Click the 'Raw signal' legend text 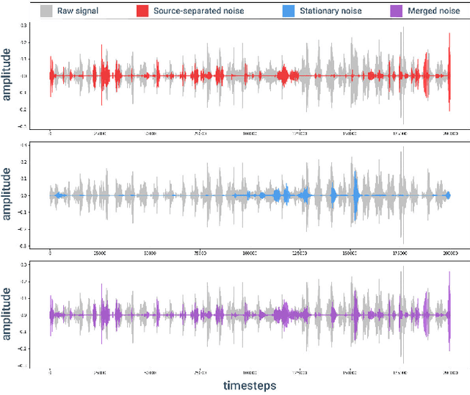point(77,11)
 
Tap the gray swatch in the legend point(46,11)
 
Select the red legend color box point(142,11)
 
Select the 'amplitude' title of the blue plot point(7,195)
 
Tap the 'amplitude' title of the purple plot point(7,315)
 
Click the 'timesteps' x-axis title point(250,385)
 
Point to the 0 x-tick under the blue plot point(50,253)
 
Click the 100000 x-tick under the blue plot point(250,253)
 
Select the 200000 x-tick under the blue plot point(449,253)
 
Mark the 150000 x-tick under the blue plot point(350,253)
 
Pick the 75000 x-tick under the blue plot point(200,253)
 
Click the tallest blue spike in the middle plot point(355,195)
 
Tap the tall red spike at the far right point(449,73)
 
